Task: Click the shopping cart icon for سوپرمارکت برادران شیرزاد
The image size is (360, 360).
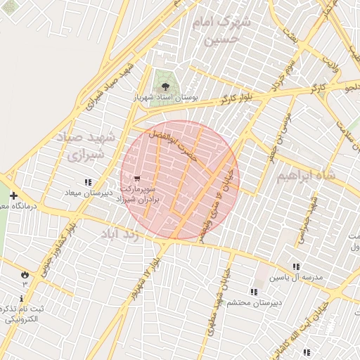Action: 136,178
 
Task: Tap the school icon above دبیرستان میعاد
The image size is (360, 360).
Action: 87,182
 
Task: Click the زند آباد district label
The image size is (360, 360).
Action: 130,233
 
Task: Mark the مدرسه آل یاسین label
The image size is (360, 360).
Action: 297,277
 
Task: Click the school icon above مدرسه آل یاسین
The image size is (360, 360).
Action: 296,266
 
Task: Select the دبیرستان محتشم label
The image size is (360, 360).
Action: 257,302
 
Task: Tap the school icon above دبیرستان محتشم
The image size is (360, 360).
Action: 253,292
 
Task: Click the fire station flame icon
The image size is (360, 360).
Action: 25,274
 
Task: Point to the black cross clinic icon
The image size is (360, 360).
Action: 13,195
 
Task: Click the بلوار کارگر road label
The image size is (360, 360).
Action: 237,99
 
